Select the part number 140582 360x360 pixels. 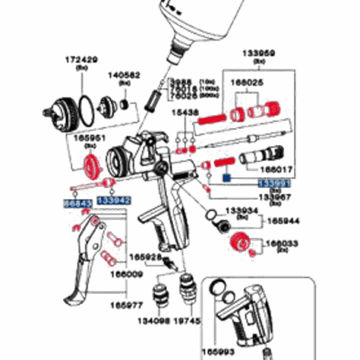[x=124, y=75]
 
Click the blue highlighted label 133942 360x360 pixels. [x=113, y=199]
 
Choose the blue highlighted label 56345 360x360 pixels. [x=77, y=204]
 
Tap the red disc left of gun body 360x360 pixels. [x=92, y=165]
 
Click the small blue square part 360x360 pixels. [x=227, y=178]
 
